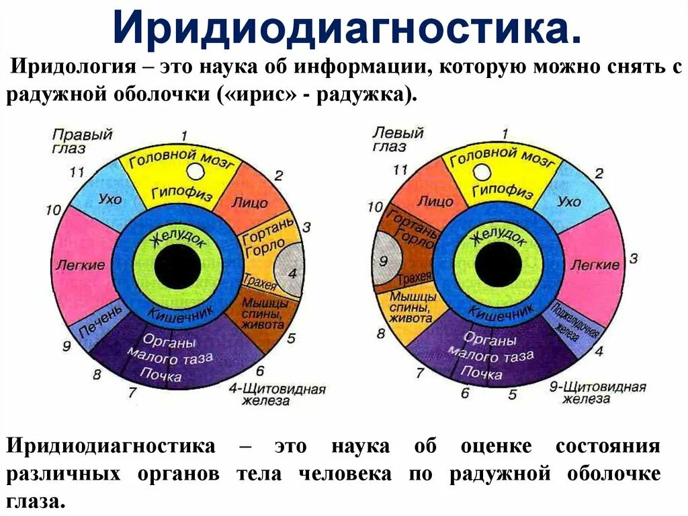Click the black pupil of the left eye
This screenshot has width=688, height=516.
click(498, 264)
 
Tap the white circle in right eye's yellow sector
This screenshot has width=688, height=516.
click(194, 172)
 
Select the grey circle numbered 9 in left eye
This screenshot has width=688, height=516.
click(384, 259)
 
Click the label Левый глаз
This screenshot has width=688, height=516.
click(398, 139)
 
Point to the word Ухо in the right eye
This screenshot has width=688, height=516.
click(110, 198)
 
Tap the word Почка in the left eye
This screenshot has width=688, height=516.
click(482, 371)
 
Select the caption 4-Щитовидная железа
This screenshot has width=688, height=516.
click(277, 395)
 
